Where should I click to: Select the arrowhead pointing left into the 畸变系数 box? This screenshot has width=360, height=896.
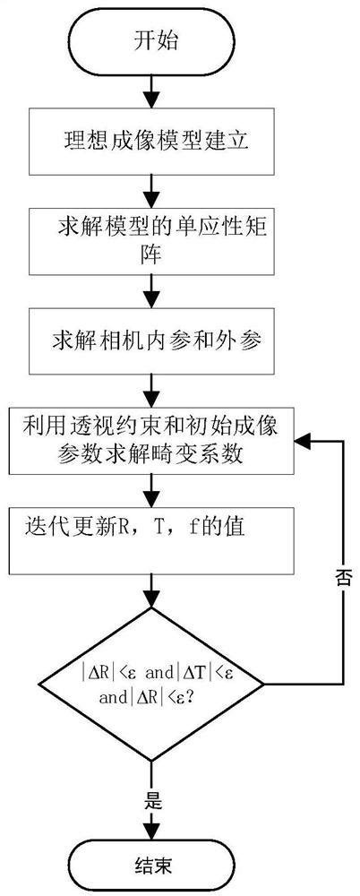(305, 442)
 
